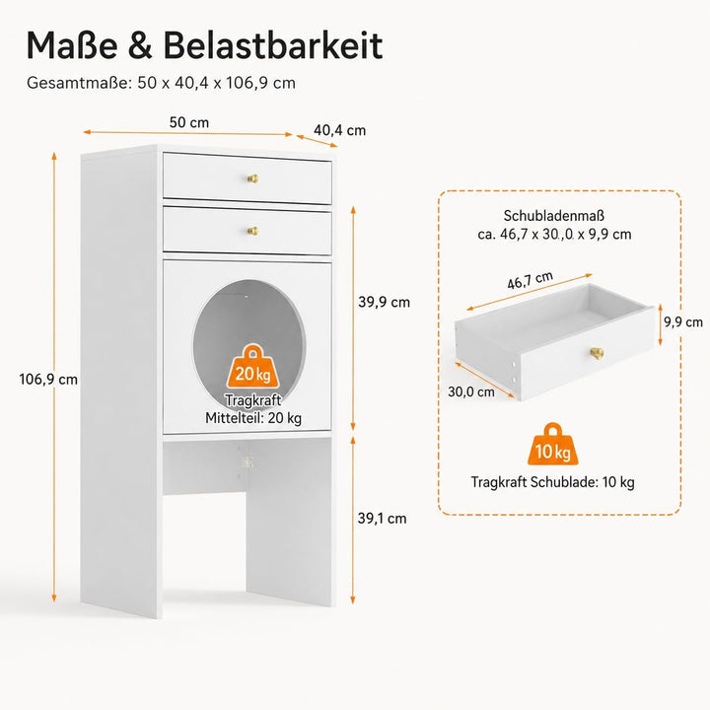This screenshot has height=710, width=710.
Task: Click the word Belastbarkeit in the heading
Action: click(x=273, y=45)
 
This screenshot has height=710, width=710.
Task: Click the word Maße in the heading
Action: click(x=72, y=45)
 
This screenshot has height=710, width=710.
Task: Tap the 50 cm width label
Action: click(x=189, y=122)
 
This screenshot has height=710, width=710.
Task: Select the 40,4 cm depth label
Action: click(x=339, y=130)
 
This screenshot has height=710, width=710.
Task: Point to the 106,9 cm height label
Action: click(x=48, y=379)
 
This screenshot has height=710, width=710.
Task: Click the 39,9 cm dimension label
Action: click(x=384, y=302)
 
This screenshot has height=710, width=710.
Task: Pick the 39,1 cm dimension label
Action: click(x=383, y=519)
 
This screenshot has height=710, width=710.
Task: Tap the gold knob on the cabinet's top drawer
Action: click(x=253, y=178)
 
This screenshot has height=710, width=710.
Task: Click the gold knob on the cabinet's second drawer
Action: click(x=252, y=231)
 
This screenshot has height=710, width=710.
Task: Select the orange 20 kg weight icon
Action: click(x=253, y=367)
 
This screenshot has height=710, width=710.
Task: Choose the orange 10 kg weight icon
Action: click(x=553, y=445)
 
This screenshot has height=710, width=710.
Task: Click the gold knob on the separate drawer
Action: click(x=597, y=353)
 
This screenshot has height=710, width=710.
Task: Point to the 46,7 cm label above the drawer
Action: click(x=530, y=280)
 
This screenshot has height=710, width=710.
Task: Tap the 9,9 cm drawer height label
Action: click(x=683, y=321)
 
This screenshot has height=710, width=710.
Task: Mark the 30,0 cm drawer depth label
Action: click(x=471, y=391)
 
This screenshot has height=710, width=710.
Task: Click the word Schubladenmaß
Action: click(x=554, y=216)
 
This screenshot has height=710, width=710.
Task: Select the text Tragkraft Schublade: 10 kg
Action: click(x=552, y=482)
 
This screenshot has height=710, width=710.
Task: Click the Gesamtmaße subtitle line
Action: click(x=161, y=83)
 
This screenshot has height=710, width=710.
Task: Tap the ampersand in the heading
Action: click(x=140, y=45)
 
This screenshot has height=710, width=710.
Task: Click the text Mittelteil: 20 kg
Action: click(x=253, y=418)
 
